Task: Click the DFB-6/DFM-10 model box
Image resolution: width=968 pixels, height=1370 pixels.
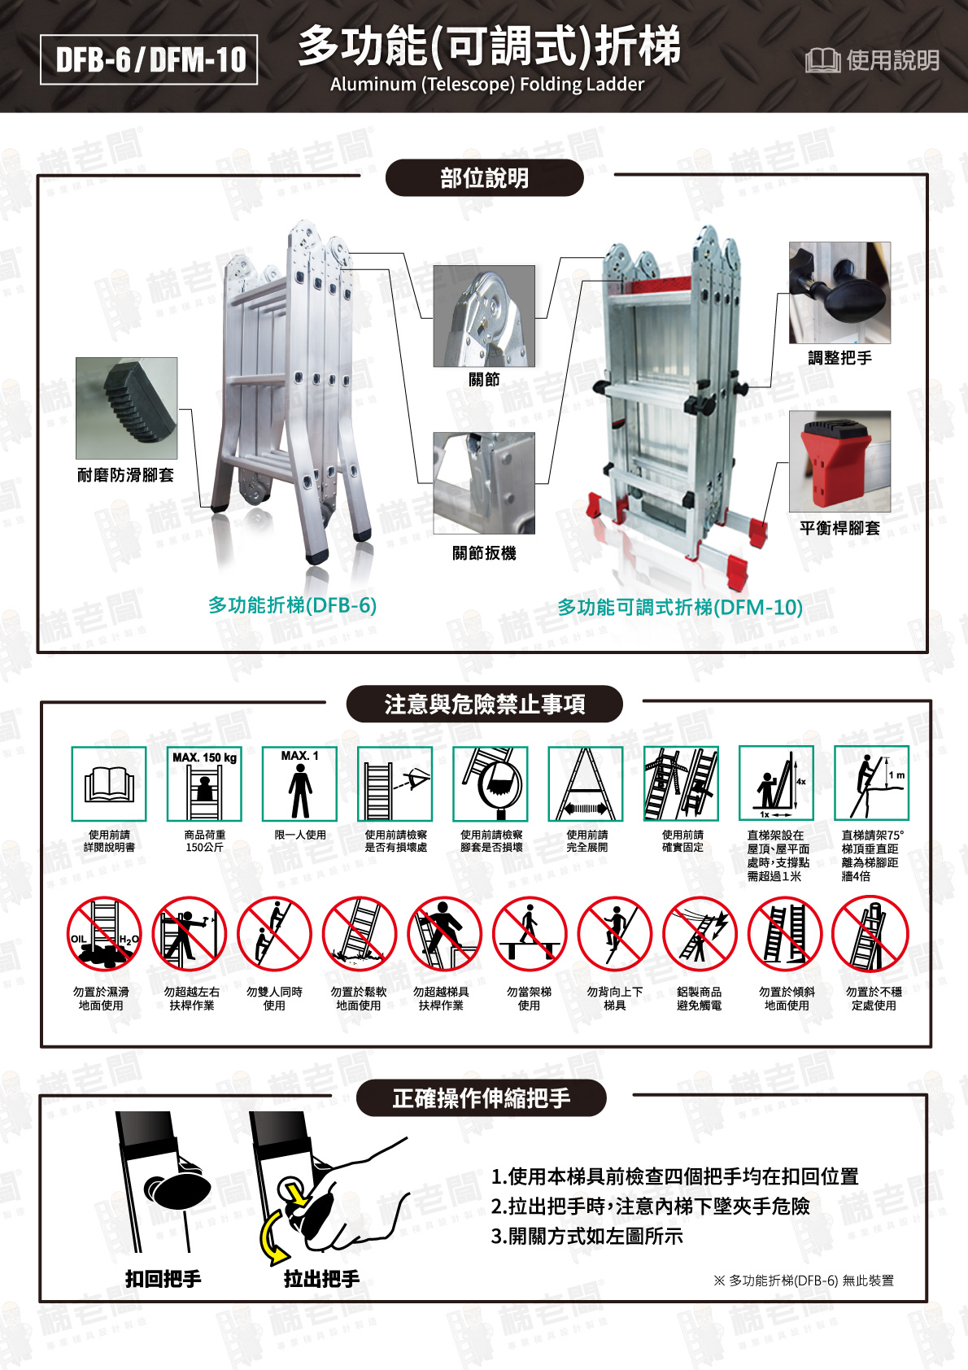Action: (x=149, y=59)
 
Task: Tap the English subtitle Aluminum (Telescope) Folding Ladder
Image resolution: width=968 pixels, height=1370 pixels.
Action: (x=486, y=85)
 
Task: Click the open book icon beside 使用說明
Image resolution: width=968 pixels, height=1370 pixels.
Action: (x=822, y=60)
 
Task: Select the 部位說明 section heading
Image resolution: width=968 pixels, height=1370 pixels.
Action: (x=484, y=178)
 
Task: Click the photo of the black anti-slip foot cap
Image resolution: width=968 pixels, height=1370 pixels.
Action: (x=126, y=408)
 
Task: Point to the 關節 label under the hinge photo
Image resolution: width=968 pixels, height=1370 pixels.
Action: (x=484, y=380)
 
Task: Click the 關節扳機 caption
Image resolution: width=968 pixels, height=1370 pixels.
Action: (x=484, y=554)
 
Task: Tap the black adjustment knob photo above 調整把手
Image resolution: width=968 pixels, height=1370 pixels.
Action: (x=839, y=293)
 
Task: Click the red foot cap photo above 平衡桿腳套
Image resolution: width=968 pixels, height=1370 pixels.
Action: (x=839, y=461)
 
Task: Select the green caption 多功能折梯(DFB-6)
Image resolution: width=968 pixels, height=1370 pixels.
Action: (x=292, y=605)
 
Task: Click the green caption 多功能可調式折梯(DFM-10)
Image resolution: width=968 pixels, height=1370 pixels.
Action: (x=680, y=608)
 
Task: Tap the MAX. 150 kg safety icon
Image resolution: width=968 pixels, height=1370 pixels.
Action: (x=204, y=784)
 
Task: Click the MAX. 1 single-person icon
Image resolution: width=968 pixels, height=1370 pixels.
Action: (x=299, y=784)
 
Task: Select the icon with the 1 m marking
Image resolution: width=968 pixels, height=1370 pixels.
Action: (x=871, y=784)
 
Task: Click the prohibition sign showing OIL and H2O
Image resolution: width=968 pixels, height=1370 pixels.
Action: (x=103, y=935)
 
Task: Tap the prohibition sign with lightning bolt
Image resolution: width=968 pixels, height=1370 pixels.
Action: (x=700, y=935)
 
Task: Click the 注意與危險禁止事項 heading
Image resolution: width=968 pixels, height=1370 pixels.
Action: (x=484, y=705)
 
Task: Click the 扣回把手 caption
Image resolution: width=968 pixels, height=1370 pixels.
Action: (x=163, y=1279)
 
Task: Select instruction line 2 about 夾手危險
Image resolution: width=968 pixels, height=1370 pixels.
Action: (x=651, y=1206)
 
